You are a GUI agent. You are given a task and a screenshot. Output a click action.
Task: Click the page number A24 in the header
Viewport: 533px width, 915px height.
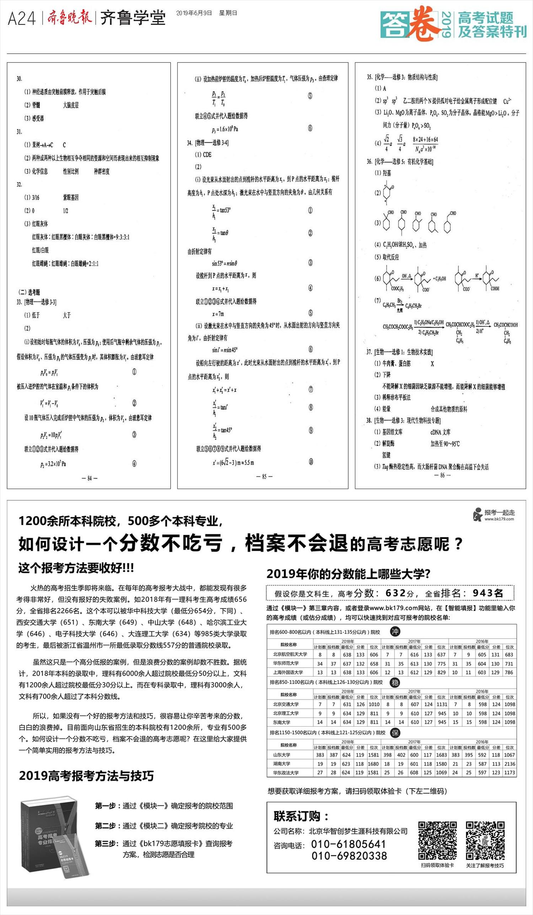22,18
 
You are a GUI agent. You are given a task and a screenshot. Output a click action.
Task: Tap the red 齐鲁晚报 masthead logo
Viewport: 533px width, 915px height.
69,17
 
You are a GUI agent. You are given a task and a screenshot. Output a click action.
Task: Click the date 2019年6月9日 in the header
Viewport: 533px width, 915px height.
194,13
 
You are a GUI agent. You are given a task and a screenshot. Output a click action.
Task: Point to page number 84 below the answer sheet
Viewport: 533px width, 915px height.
89,478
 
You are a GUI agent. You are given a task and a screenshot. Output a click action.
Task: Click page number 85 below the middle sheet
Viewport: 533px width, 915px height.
264,476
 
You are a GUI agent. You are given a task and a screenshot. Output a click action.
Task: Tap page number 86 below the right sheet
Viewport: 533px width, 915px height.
442,475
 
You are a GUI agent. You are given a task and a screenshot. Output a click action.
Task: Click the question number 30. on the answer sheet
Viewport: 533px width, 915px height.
19,79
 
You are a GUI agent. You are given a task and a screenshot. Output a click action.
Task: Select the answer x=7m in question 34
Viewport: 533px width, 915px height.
218,314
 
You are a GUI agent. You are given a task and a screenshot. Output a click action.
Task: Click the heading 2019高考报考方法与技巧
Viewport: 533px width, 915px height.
86,776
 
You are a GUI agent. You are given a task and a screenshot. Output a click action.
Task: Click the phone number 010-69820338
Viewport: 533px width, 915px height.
349,856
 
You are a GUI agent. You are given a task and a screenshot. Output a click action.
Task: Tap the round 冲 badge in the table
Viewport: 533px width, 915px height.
395,631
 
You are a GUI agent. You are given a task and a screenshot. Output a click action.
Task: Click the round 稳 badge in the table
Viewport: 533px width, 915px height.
395,682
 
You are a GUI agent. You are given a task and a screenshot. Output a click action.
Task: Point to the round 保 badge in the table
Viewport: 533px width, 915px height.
395,732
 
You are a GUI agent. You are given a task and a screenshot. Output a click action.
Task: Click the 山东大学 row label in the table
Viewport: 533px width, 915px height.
282,754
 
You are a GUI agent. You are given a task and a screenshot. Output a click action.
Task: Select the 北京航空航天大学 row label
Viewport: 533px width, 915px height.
290,654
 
